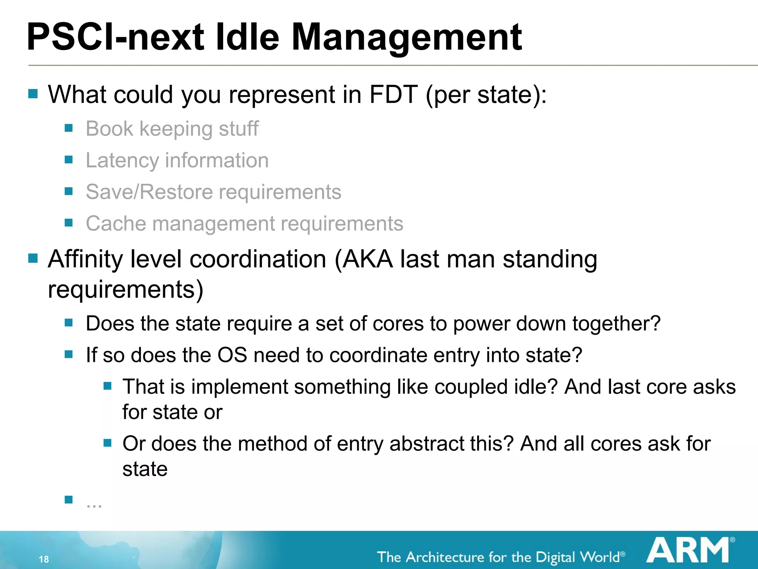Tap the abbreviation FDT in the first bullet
393,94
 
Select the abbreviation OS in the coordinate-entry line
232,355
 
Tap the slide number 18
44,559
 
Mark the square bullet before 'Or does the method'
107,443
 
